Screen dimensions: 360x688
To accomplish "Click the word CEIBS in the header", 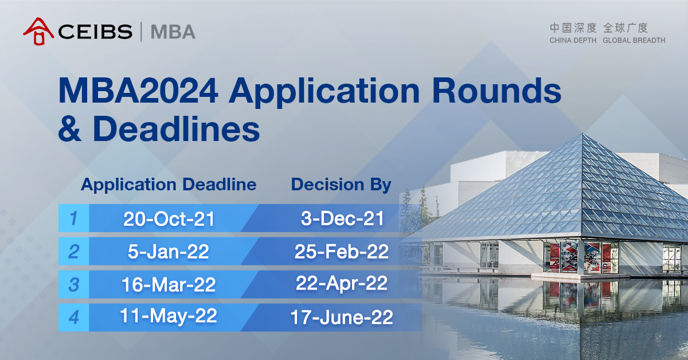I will tap(95, 32).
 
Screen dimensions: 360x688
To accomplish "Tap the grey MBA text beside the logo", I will tap(173, 32).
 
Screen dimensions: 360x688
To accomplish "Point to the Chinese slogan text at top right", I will tap(599, 28).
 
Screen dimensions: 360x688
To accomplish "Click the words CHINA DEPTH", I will tap(573, 41).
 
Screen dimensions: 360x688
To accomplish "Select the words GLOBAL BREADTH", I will tap(634, 41).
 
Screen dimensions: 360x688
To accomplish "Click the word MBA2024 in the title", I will tap(138, 92).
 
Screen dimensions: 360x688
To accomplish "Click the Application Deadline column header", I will tap(169, 185).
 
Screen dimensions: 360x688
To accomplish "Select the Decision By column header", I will tap(341, 185).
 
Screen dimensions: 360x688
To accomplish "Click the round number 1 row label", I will tap(73, 218).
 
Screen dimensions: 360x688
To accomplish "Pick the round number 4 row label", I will tap(73, 317).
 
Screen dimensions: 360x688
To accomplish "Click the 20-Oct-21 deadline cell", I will tap(169, 219).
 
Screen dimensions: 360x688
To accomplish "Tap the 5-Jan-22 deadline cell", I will tap(169, 252).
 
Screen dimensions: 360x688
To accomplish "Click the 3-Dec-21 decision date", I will tap(342, 218).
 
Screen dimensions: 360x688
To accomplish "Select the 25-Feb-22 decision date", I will tap(342, 251).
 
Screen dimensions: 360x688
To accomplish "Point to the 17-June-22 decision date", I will tap(342, 317).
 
